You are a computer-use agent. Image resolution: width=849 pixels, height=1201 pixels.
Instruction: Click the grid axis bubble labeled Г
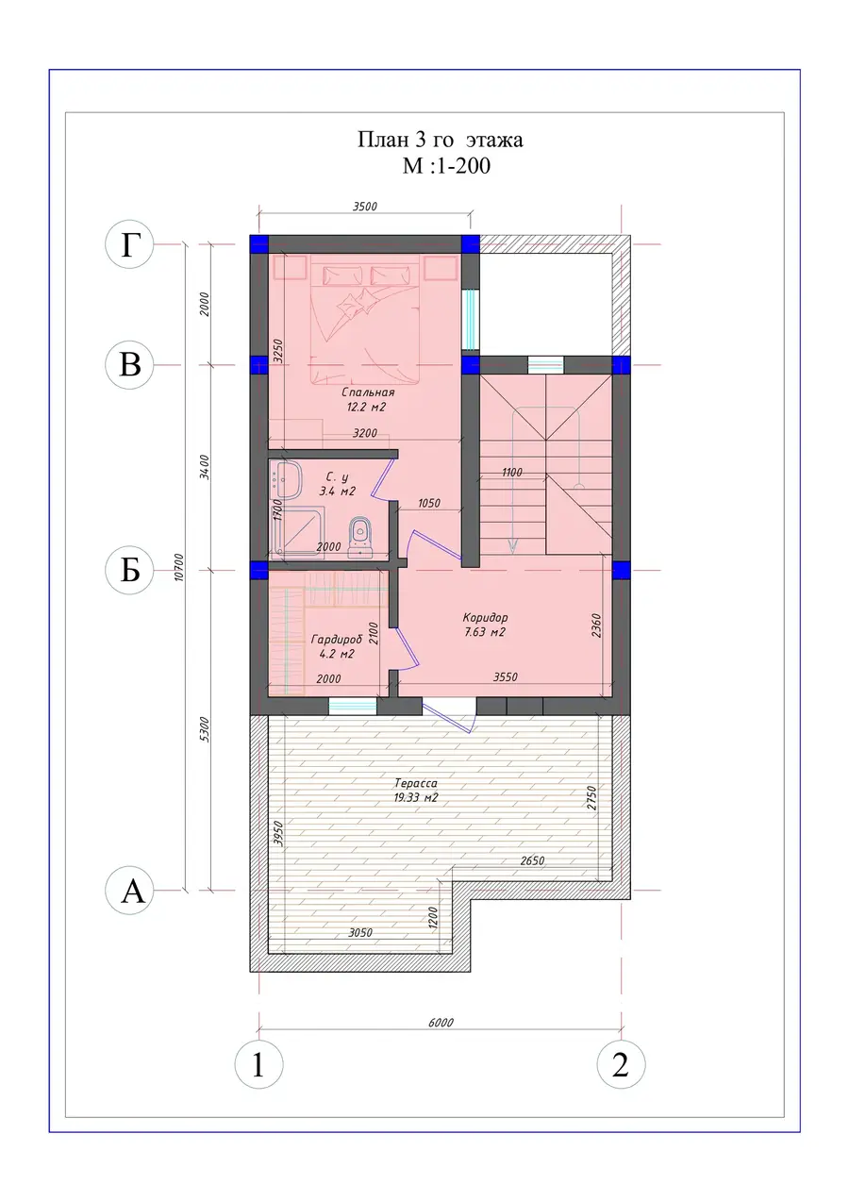130,244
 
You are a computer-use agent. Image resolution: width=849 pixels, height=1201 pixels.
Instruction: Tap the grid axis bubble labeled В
130,365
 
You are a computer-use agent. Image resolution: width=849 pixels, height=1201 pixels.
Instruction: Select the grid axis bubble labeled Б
130,570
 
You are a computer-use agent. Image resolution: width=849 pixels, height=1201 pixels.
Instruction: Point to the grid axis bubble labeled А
130,891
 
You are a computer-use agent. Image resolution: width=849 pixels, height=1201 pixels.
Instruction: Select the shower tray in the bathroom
297,534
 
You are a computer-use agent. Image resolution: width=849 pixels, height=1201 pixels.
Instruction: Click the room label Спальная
368,392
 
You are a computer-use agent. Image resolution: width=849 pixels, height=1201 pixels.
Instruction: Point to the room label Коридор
485,618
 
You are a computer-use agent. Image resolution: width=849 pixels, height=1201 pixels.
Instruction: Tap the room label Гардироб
337,640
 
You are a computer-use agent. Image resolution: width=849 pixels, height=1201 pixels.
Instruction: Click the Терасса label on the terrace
416,783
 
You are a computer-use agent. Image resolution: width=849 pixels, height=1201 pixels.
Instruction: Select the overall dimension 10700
179,567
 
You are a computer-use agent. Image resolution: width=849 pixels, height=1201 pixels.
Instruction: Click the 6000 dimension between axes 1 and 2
441,1023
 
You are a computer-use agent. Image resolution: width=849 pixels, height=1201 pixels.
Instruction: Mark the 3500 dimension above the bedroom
364,207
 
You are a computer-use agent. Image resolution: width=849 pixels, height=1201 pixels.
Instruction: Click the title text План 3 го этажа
440,140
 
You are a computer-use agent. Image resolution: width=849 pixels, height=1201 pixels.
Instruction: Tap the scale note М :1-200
446,166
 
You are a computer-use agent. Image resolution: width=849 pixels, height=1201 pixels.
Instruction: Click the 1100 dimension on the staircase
512,473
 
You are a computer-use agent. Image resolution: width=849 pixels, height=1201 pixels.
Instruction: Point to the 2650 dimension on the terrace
532,861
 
